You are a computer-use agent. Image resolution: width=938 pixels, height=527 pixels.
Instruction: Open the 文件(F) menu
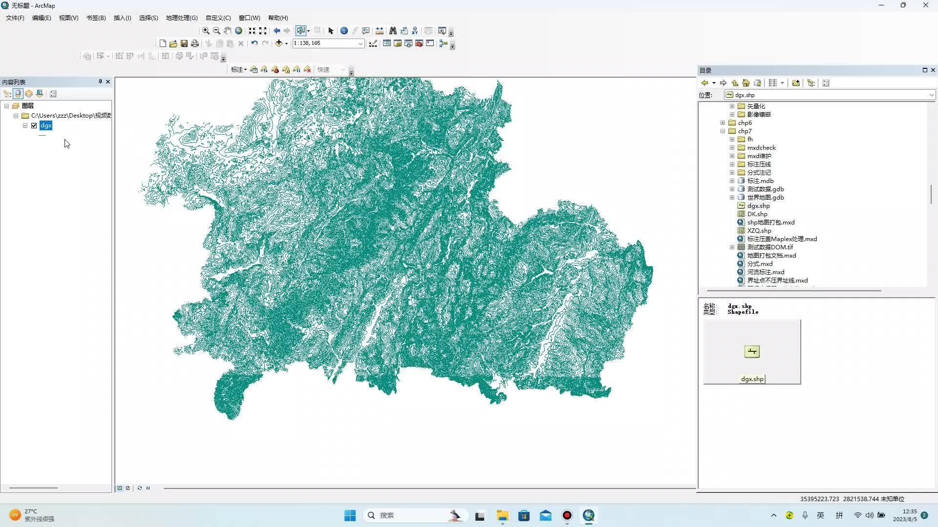(x=15, y=18)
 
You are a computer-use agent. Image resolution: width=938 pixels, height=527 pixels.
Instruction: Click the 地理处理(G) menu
(x=181, y=18)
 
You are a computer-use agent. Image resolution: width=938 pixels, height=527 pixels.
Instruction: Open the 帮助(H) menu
(x=277, y=18)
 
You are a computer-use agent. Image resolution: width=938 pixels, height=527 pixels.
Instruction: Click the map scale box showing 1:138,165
(x=325, y=43)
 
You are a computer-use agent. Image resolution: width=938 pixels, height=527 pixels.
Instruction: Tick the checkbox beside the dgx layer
(x=34, y=125)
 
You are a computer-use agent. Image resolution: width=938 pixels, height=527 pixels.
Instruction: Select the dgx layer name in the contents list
(x=46, y=125)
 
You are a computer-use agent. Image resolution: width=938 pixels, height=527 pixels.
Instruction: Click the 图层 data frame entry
(x=28, y=105)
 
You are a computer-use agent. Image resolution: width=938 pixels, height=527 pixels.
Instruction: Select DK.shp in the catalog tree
(x=757, y=214)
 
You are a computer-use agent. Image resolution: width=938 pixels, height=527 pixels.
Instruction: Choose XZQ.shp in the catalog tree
(x=759, y=230)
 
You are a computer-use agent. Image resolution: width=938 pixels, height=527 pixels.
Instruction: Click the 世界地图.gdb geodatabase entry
(x=765, y=197)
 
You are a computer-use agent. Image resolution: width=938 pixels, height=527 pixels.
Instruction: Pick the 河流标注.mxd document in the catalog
(x=765, y=272)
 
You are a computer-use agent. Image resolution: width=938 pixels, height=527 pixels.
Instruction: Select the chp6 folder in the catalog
(x=745, y=122)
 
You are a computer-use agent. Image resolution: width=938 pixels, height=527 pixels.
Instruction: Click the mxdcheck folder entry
(x=761, y=147)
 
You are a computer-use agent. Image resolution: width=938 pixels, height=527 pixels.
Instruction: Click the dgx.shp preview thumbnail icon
(x=752, y=352)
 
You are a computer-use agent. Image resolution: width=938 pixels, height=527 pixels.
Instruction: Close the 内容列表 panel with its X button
(x=108, y=81)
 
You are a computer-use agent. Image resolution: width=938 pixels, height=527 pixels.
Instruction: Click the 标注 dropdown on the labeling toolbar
(x=238, y=70)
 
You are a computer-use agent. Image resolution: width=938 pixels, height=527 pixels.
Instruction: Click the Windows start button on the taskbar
(x=350, y=515)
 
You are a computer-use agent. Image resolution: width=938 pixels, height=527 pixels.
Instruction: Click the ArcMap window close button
(x=925, y=5)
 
